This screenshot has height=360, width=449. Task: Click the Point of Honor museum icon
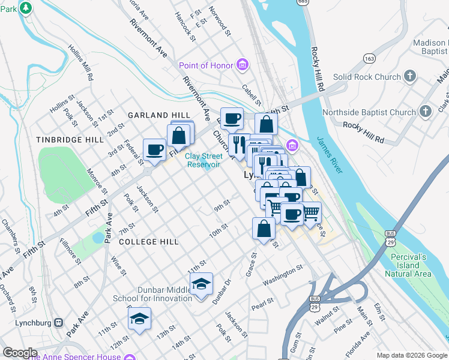pyautogui.click(x=243, y=65)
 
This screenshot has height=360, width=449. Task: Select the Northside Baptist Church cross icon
pyautogui.click(x=426, y=112)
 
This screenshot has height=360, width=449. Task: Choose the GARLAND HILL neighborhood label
pyautogui.click(x=158, y=115)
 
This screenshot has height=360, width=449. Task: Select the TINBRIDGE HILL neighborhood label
pyautogui.click(x=70, y=139)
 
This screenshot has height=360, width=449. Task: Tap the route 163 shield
pyautogui.click(x=369, y=58)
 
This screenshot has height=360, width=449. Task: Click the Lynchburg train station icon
pyautogui.click(x=58, y=322)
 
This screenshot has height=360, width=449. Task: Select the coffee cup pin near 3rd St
pyautogui.click(x=154, y=149)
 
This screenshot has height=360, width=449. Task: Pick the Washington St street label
pyautogui.click(x=283, y=276)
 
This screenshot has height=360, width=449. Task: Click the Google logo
pyautogui.click(x=20, y=353)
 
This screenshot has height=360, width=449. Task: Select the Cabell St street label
pyautogui.click(x=252, y=94)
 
